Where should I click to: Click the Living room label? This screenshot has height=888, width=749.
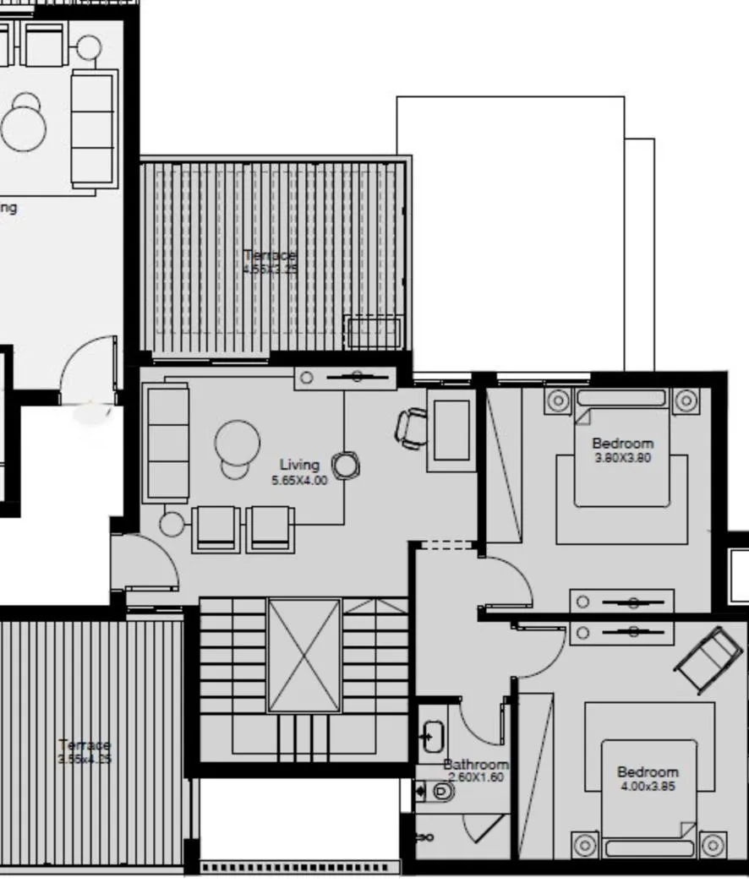pos(300,465)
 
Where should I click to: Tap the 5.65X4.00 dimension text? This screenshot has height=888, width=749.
pos(299,480)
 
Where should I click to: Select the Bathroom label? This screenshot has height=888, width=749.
pos(476,765)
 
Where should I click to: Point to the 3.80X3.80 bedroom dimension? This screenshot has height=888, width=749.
pos(622,458)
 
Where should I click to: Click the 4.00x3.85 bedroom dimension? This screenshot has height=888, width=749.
pos(648,786)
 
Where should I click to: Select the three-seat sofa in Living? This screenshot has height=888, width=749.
pos(167,442)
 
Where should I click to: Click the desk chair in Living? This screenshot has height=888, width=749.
pos(412,428)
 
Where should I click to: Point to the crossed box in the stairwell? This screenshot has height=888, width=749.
pos(304,656)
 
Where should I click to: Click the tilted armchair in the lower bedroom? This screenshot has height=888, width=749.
pos(709,658)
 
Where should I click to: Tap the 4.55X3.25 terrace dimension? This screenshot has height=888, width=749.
pos(271,270)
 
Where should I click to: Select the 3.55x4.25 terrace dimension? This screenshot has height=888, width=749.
pos(85,759)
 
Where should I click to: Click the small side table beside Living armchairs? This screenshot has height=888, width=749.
pos(172,525)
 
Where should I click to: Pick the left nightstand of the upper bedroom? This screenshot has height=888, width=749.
pos(558,400)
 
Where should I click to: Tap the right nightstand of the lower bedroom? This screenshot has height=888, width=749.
pos(713,844)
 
